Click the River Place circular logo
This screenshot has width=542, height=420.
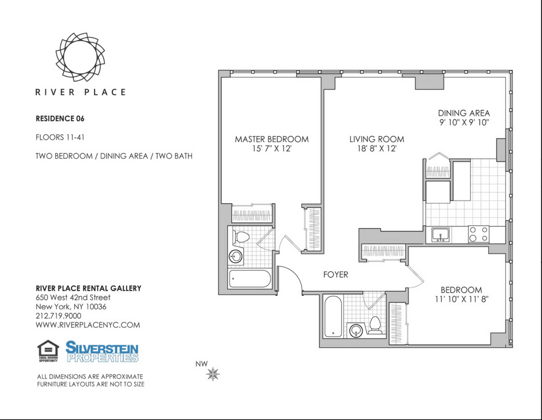click(x=80, y=57)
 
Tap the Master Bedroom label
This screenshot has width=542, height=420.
click(x=271, y=139)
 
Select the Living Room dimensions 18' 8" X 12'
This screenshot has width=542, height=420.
click(x=377, y=149)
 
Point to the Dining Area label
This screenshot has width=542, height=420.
click(x=464, y=113)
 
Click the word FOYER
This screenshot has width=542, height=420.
click(x=336, y=275)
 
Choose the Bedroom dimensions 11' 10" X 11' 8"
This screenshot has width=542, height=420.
click(x=462, y=299)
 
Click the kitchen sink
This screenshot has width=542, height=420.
click(x=440, y=235)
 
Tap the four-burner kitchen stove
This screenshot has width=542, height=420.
click(x=479, y=234)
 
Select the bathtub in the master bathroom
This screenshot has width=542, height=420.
click(x=250, y=279)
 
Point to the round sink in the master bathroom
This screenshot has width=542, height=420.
click(x=236, y=257)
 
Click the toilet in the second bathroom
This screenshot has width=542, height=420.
click(x=375, y=326)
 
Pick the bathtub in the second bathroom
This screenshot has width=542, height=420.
click(x=333, y=316)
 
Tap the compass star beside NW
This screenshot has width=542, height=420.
click(x=213, y=374)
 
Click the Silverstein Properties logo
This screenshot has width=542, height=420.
click(x=102, y=352)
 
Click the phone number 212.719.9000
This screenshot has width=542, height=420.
click(x=58, y=316)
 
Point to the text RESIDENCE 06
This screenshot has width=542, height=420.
click(x=60, y=118)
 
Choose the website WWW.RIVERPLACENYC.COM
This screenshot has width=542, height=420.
click(x=88, y=325)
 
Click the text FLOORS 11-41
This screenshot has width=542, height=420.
click(x=60, y=137)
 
